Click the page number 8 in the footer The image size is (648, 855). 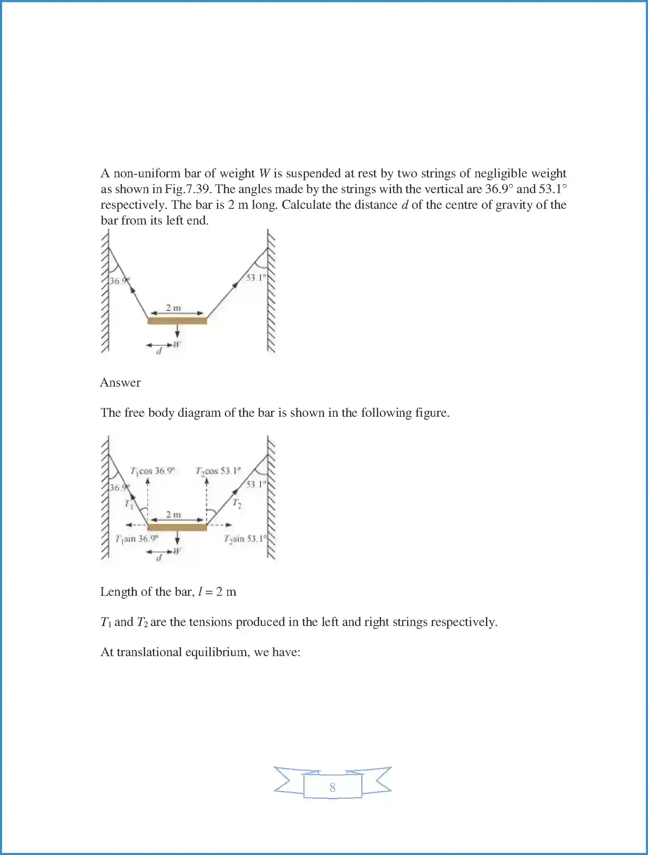coord(332,787)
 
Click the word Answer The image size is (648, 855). coord(120,382)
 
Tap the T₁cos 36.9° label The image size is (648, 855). coord(152,471)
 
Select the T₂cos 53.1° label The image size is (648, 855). coord(218,471)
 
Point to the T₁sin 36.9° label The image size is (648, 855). coord(136,539)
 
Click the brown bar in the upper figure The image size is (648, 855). coord(177,321)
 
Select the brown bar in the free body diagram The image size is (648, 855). coord(177,528)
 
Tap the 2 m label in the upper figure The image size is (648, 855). coord(174,308)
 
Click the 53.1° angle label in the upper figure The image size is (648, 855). coord(255,277)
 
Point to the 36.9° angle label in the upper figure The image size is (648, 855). coord(119,281)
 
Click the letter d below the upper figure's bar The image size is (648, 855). coord(158,352)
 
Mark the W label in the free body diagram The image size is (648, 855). coord(177,551)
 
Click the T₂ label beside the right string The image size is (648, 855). coord(236,503)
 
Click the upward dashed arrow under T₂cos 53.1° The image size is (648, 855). coord(207,500)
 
